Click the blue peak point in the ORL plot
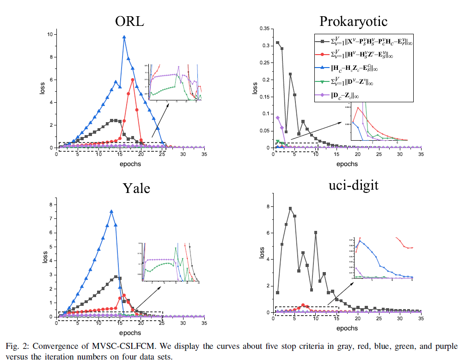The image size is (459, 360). (x=124, y=37)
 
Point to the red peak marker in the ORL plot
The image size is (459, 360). (x=133, y=80)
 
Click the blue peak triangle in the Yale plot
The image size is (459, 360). (x=111, y=211)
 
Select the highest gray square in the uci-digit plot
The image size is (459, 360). (x=290, y=209)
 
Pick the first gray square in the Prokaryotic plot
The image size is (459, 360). (x=277, y=43)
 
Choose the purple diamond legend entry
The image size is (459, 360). (x=324, y=96)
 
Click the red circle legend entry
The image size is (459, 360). (x=324, y=55)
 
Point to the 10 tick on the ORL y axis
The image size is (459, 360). (x=49, y=35)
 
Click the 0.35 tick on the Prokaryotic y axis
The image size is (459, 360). (x=264, y=29)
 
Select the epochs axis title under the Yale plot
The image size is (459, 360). (x=129, y=333)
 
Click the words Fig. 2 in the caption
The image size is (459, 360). (x=17, y=346)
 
